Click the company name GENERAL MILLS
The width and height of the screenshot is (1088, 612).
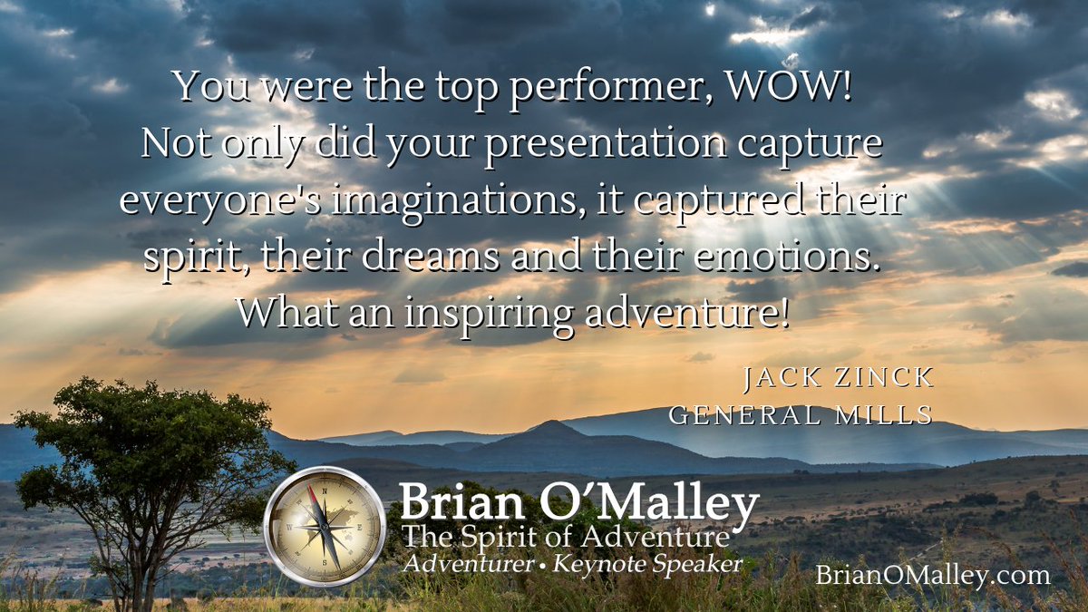pyautogui.click(x=801, y=415)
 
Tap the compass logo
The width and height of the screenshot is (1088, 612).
pyautogui.click(x=325, y=527)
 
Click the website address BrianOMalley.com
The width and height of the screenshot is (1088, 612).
pyautogui.click(x=931, y=574)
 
